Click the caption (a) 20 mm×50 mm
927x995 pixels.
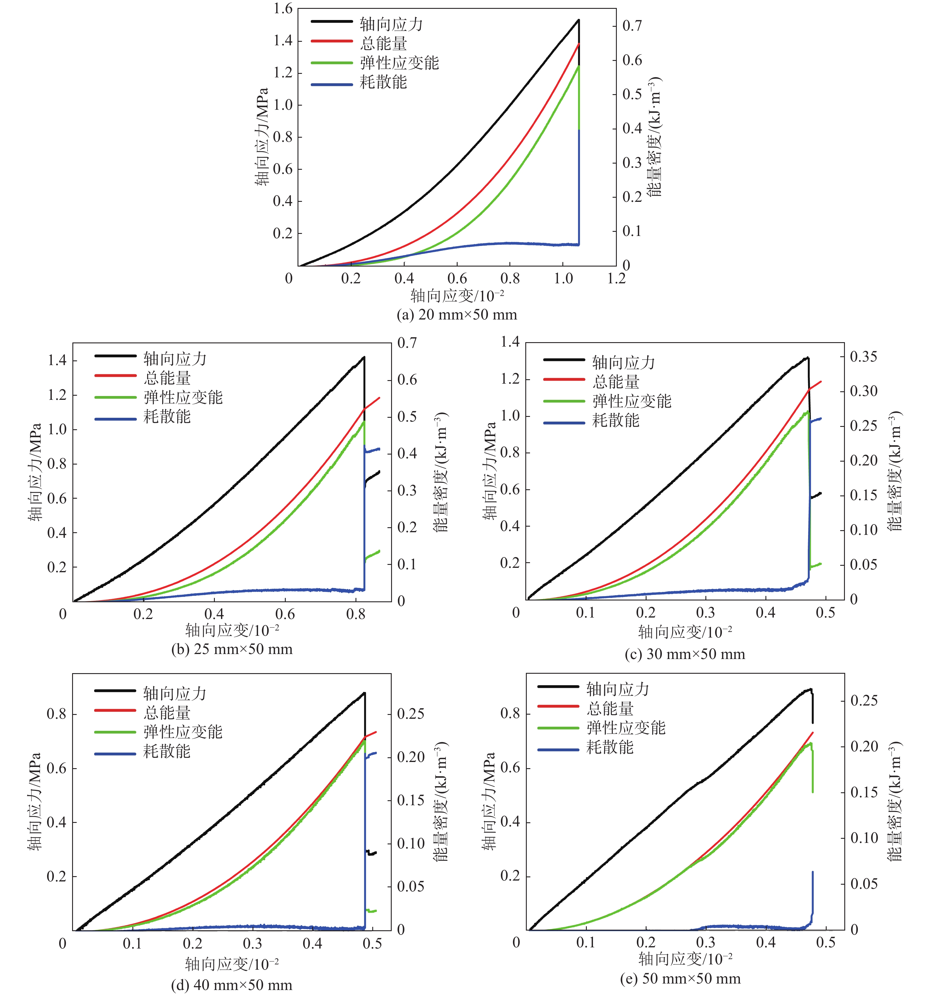pos(456,315)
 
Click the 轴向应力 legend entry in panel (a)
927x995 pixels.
pos(391,24)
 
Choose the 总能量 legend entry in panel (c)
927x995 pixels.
pos(616,382)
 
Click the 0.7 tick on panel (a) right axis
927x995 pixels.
pos(632,26)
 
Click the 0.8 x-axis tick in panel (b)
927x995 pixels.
pos(356,614)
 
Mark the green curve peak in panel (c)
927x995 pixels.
pos(807,412)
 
